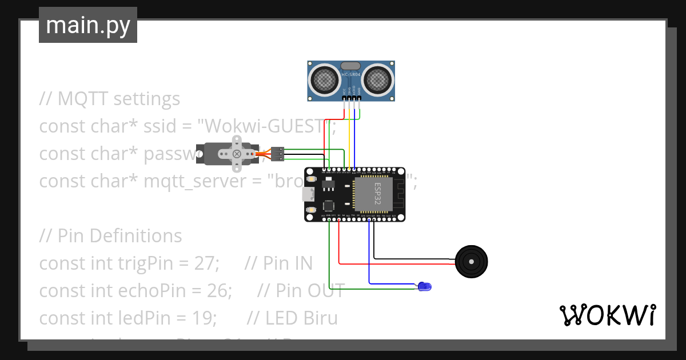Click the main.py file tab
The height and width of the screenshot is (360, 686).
click(x=88, y=25)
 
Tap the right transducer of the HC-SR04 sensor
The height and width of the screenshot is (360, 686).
click(x=378, y=79)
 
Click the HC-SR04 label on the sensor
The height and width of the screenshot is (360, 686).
click(x=351, y=75)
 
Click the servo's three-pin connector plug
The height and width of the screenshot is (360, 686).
click(x=277, y=153)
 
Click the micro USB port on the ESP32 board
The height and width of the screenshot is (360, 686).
click(x=308, y=194)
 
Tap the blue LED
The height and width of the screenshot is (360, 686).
click(x=425, y=286)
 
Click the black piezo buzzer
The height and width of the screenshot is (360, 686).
click(x=471, y=262)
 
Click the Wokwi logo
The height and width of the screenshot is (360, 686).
click(x=607, y=315)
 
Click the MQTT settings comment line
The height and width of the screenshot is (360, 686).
click(x=110, y=99)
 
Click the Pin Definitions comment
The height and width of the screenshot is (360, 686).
click(x=111, y=236)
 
